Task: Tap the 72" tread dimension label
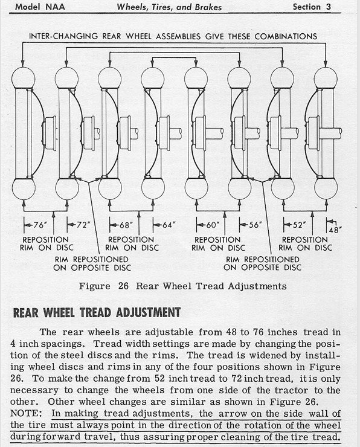coord(83,225)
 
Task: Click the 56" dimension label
coord(255,225)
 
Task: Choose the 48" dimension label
coord(335,230)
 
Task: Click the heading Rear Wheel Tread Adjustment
coord(97,312)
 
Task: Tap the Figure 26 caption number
coord(123,286)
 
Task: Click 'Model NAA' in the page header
coord(40,7)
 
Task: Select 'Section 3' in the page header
coord(312,7)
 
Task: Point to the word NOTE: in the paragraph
coord(26,413)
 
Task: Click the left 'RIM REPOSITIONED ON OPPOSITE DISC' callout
coord(92,263)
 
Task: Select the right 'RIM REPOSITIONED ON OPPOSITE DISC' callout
coord(262,263)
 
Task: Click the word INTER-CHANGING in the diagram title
coord(63,36)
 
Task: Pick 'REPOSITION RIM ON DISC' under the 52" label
coord(305,244)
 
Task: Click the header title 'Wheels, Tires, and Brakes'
coord(169,7)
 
